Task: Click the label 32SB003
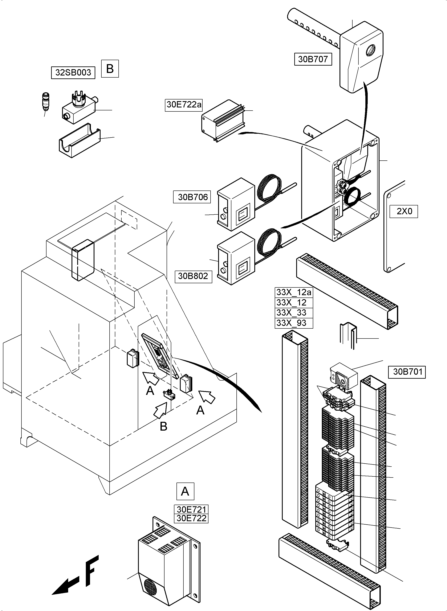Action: [73, 73]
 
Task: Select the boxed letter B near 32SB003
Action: [110, 69]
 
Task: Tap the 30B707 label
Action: [313, 59]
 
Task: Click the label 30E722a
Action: [184, 104]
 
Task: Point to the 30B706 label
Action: [192, 197]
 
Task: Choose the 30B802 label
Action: [193, 276]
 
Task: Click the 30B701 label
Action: [407, 372]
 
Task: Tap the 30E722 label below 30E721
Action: [191, 518]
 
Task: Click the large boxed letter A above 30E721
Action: [185, 491]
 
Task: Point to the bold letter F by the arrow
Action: [92, 571]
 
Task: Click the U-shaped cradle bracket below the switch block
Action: [79, 141]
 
